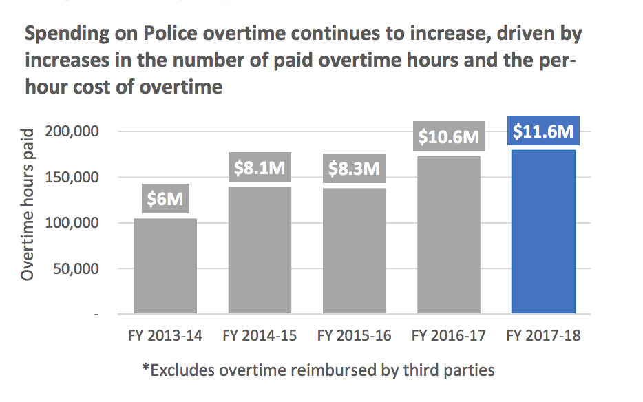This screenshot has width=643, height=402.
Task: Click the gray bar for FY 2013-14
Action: pos(165,266)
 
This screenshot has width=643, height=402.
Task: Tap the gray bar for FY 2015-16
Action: pos(354,251)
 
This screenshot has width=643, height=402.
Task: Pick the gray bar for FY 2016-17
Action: pos(449,235)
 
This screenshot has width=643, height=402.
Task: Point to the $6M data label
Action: pos(165,200)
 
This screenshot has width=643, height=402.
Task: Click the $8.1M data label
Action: pos(260,168)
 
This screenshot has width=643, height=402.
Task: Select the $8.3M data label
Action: pos(354,168)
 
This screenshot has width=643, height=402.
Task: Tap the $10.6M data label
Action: pos(449,136)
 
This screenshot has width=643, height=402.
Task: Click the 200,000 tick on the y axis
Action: pos(72,131)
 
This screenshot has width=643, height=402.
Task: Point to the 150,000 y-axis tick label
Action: pos(72,177)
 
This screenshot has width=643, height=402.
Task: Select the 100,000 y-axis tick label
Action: pos(72,223)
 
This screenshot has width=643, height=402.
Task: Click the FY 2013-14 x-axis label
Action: pos(165,336)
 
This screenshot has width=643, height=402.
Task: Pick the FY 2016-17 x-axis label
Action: pos(449,336)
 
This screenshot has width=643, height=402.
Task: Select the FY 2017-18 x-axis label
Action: pos(543,336)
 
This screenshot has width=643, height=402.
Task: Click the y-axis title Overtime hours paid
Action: pos(28,203)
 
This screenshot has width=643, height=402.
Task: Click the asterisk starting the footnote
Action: pos(145,368)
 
